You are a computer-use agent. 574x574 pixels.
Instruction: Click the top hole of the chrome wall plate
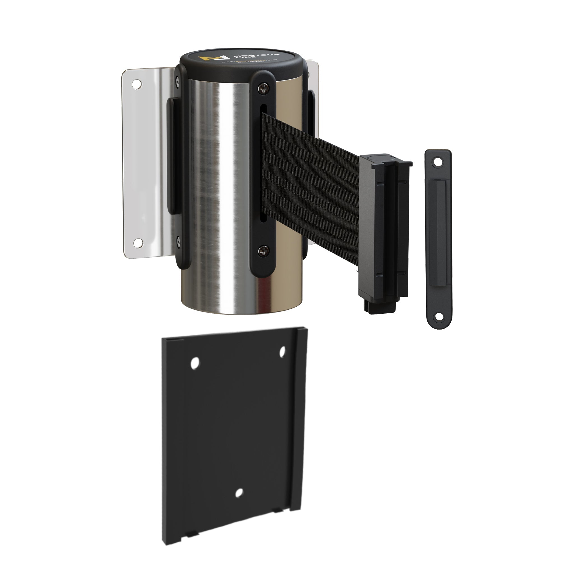[137, 84]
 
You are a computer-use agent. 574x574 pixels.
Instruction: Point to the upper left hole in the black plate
[195, 363]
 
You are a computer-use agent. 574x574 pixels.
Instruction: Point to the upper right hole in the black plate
[282, 351]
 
